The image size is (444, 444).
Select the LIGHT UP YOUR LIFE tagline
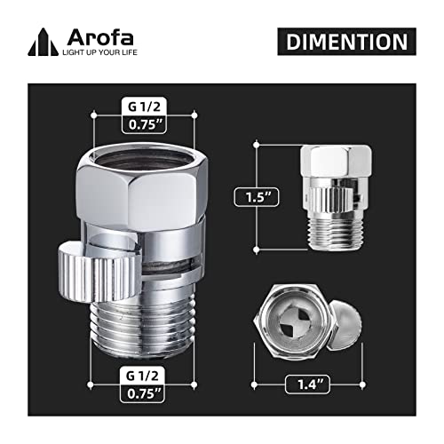click(x=99, y=51)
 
